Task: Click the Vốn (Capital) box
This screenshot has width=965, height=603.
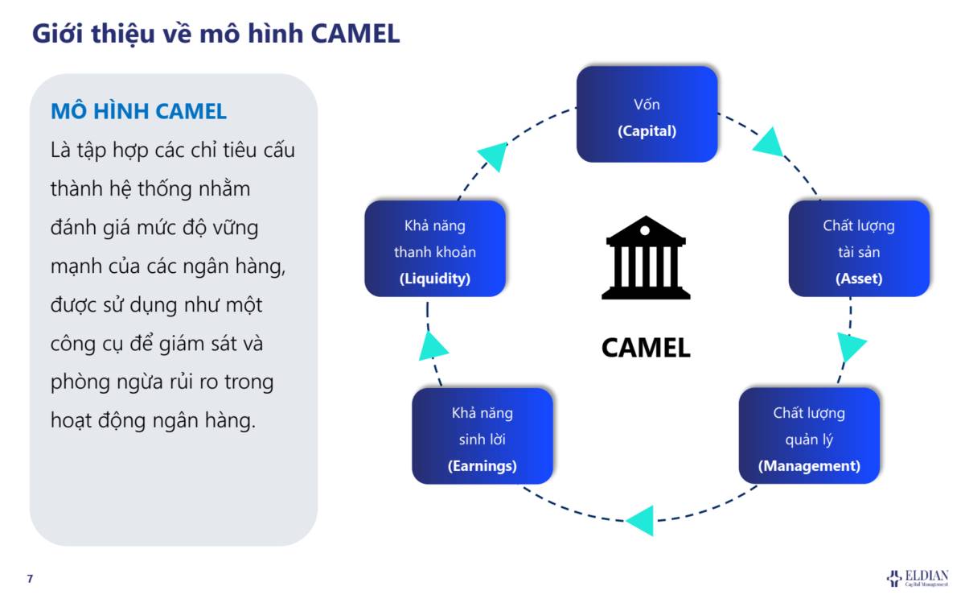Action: (647, 114)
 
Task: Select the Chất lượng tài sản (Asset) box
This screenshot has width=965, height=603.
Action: (859, 249)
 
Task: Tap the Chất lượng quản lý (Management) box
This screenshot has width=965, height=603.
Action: (809, 436)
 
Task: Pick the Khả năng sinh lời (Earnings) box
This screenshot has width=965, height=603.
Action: (482, 436)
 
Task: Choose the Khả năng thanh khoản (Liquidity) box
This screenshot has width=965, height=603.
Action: (435, 249)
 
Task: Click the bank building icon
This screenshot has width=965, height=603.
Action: (646, 257)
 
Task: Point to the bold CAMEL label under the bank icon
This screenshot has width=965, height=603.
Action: (646, 348)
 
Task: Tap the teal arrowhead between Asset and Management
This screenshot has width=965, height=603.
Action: (850, 347)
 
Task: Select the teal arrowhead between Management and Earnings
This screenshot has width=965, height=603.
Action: (642, 519)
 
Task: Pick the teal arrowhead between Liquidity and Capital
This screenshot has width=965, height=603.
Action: (494, 155)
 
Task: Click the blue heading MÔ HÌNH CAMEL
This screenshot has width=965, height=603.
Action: (138, 111)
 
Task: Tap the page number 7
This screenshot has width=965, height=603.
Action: (31, 579)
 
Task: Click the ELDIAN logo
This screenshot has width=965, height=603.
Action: (918, 577)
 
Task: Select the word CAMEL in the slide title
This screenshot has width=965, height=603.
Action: (355, 34)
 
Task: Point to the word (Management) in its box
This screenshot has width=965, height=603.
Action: (809, 466)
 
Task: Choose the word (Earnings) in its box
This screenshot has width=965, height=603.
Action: (482, 466)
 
